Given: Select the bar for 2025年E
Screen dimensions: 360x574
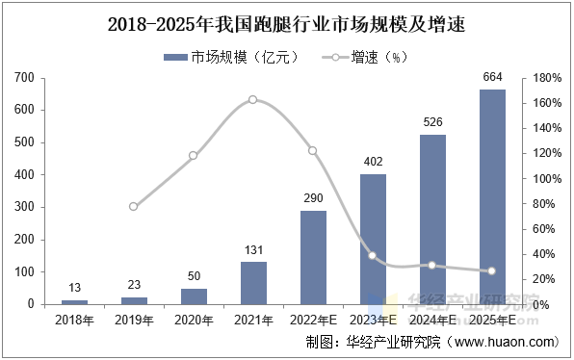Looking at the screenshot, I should (492, 196).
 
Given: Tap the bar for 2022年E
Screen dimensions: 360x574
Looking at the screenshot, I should (313, 257).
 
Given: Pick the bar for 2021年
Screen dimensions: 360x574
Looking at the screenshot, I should (253, 282).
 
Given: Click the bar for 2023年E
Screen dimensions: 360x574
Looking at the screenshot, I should (373, 239).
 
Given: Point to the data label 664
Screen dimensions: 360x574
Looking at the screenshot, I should (492, 78).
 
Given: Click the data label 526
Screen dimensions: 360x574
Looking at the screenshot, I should (432, 122).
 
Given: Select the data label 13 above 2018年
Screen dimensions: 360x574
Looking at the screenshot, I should (74, 288).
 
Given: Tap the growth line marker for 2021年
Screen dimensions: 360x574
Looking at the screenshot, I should (253, 99).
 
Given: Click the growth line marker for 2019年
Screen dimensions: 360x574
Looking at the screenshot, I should (134, 206).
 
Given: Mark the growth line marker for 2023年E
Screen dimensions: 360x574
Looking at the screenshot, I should (373, 255).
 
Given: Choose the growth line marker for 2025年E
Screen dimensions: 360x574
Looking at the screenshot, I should (492, 270).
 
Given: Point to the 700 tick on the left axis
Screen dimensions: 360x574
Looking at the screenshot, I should (25, 78).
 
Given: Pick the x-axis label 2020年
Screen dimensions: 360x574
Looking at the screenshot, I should (194, 319).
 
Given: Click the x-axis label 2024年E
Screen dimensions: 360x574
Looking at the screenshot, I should (432, 319).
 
